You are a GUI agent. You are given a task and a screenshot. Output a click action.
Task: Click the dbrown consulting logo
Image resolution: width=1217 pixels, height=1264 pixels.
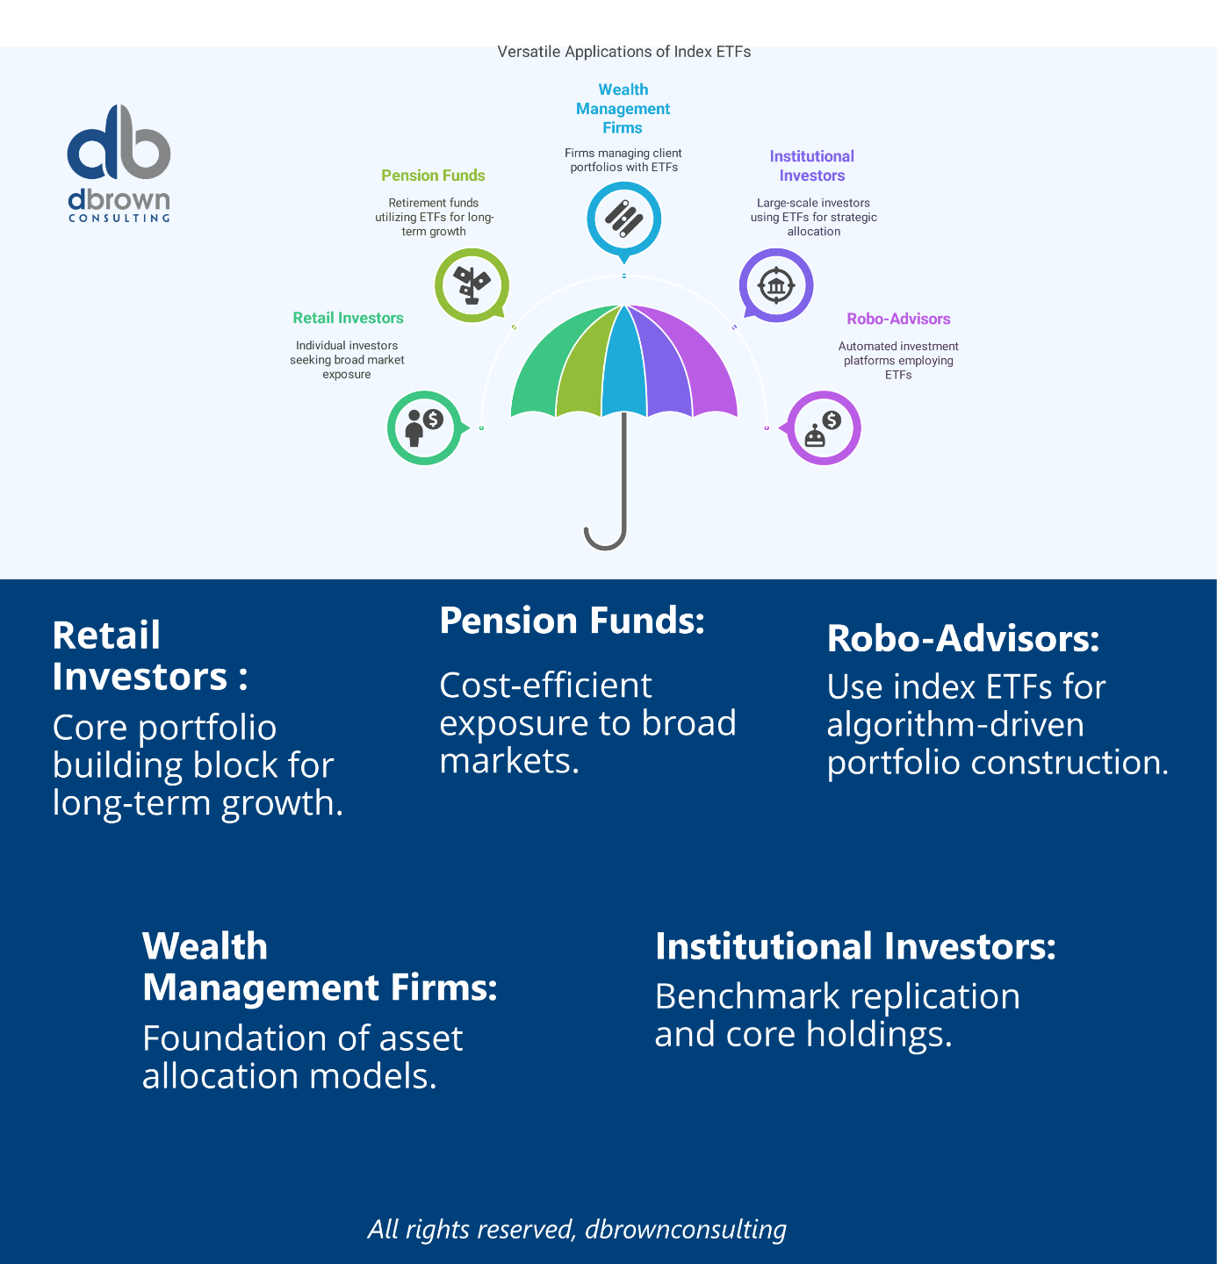[x=119, y=163]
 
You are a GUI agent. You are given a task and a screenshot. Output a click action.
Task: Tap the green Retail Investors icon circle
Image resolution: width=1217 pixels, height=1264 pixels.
[x=425, y=428]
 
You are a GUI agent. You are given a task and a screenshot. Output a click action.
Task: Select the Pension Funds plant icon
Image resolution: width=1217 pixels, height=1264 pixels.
[x=472, y=285]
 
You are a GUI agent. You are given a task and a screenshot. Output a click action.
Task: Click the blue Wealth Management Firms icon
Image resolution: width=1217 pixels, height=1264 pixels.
[x=623, y=219]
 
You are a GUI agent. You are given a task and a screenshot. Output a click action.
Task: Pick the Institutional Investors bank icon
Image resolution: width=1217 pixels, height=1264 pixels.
[x=776, y=285]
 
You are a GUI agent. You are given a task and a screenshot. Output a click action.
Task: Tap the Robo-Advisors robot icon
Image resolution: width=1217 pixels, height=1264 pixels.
[x=824, y=428]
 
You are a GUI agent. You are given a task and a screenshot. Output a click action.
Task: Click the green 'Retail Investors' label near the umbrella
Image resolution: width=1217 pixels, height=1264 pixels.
[x=348, y=318]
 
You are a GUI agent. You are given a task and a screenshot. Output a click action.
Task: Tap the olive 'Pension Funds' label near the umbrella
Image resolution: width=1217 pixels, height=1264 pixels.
[x=433, y=176]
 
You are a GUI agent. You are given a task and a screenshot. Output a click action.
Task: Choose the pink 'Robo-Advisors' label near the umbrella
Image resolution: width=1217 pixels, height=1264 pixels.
[x=898, y=319]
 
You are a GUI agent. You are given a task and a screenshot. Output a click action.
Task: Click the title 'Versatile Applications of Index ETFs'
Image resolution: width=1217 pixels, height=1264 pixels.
[x=623, y=53]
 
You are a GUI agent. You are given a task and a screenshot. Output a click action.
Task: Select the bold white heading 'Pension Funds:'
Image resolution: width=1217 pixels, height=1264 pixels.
[x=572, y=621]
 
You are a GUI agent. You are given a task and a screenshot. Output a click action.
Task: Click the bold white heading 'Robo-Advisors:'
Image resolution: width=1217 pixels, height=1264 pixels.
[x=963, y=638]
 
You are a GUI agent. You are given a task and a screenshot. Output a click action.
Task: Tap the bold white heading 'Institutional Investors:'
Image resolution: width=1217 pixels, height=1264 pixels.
[x=855, y=946]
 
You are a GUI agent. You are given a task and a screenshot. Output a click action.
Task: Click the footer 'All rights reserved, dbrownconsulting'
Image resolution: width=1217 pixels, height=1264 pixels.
[x=577, y=1229]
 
